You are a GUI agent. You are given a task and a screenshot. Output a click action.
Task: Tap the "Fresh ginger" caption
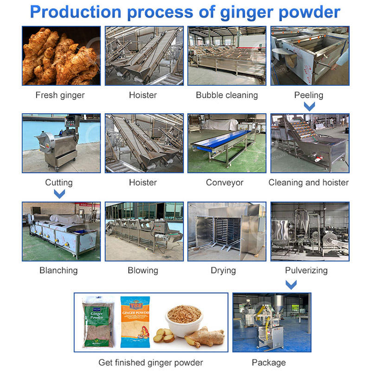tap(60, 96)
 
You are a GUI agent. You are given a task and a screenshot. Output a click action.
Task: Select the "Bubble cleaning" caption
tap(227, 96)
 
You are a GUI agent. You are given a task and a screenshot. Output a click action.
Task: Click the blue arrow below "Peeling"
tap(309, 107)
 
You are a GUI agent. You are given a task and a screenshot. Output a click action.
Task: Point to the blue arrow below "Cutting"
tap(59, 193)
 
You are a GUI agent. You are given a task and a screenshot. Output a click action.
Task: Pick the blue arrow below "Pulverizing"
tap(291, 284)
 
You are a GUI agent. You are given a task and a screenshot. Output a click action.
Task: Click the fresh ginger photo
tap(61, 56)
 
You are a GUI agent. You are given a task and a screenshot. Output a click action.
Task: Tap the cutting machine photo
tap(61, 143)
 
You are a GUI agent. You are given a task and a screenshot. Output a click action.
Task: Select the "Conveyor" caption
tap(224, 183)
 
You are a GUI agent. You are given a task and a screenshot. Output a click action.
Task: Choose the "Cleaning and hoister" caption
tap(308, 183)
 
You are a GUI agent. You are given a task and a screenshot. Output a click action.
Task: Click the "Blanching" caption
tap(58, 270)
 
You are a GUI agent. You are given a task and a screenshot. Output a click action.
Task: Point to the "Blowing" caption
tap(143, 270)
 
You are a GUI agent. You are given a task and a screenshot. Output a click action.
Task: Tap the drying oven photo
tap(227, 231)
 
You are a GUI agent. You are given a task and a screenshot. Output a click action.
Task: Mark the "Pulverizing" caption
tap(307, 270)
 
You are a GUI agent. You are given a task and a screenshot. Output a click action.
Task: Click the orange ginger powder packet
tap(136, 322)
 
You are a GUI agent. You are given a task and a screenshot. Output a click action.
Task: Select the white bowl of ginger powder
tap(184, 319)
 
